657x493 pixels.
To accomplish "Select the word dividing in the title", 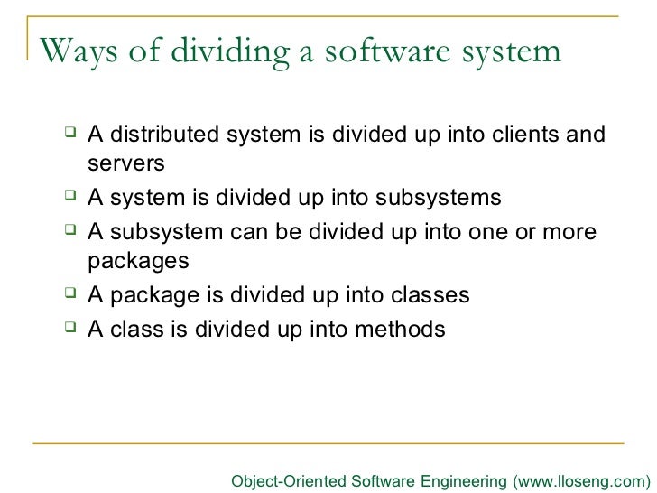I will coord(225,51).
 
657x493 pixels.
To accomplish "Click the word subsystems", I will coord(438,198).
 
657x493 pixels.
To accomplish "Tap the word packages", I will coord(139,263).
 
